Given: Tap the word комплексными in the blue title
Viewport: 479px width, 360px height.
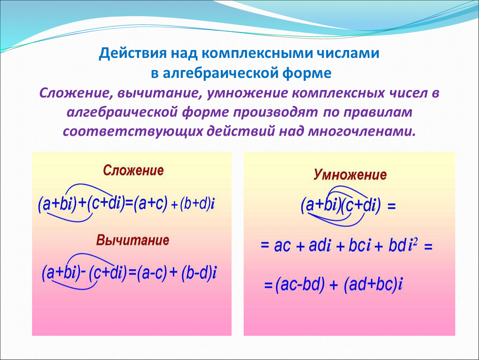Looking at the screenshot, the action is click(x=257, y=53).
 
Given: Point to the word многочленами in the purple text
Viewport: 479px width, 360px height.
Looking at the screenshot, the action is click(x=362, y=131).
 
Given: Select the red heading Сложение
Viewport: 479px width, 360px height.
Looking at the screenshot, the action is click(x=133, y=170).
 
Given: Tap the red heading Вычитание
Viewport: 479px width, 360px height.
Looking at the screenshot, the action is click(x=132, y=240).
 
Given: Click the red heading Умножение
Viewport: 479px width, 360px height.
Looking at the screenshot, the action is click(x=350, y=175).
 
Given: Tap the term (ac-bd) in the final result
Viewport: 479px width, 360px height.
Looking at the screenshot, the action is click(x=299, y=285).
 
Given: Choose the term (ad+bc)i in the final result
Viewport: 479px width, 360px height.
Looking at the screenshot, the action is click(x=373, y=285).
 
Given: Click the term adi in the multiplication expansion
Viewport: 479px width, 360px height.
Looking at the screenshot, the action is click(x=319, y=245).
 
